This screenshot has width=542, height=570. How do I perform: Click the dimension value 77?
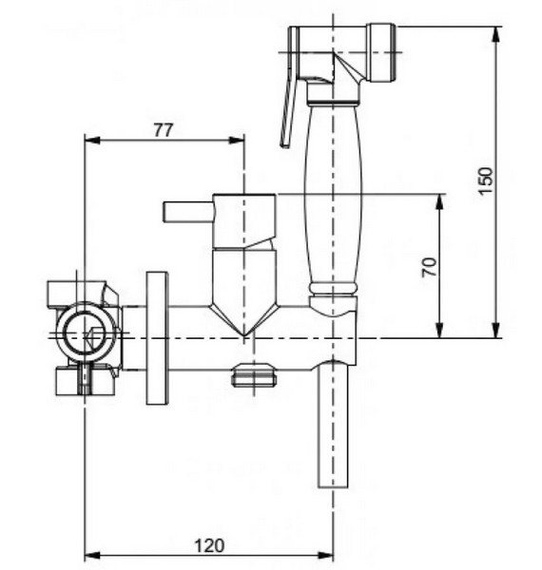pos(163,130)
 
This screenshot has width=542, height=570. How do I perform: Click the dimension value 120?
pos(209,546)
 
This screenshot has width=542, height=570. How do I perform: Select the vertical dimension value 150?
pos(485,181)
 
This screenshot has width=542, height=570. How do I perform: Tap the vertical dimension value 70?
pos(430,267)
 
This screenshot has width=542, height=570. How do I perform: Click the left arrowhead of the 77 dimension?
pos(91,141)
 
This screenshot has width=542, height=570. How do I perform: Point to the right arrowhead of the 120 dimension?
pos(325,556)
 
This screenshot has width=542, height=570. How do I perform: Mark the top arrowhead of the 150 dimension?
pos(495,34)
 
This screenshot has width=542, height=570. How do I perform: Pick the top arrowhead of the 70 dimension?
pos(440,202)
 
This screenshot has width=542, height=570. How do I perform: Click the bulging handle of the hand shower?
pos(333,195)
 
